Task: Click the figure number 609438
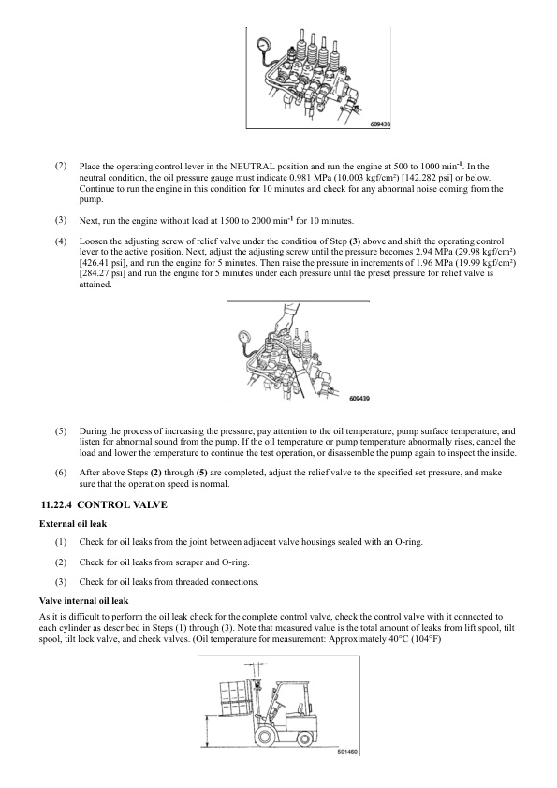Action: (381, 124)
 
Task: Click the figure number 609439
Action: (359, 399)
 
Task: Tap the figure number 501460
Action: (347, 752)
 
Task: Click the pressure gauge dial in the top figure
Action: (263, 45)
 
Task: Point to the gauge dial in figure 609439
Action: (244, 336)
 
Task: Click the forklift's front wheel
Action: (264, 737)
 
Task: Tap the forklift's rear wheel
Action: (304, 737)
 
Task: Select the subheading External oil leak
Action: (73, 524)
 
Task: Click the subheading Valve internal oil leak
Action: (84, 601)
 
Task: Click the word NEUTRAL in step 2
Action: (253, 167)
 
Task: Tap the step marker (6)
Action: (60, 473)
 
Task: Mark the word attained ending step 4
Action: (95, 285)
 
